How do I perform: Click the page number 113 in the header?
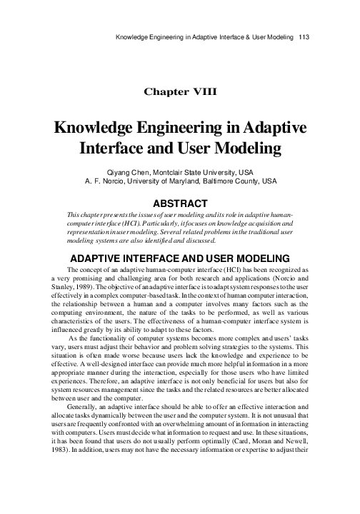coord(304,35)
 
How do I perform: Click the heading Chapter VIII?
coord(180,91)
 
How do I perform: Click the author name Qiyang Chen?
coord(126,172)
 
